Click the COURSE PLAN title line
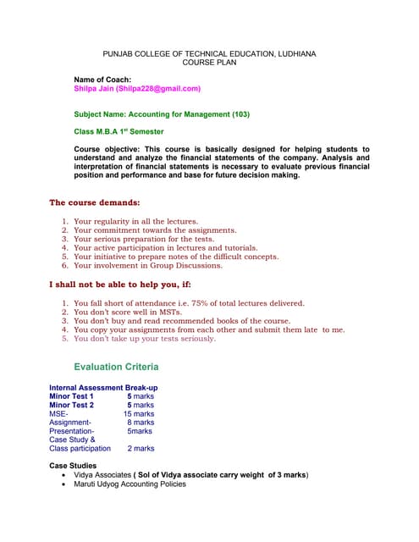pyautogui.click(x=209, y=63)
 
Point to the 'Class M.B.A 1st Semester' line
pyautogui.click(x=119, y=131)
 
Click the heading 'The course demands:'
pyautogui.click(x=95, y=202)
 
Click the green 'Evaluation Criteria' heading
pyautogui.click(x=116, y=367)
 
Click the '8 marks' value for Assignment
pyautogui.click(x=141, y=422)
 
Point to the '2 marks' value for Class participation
pyautogui.click(x=141, y=448)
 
